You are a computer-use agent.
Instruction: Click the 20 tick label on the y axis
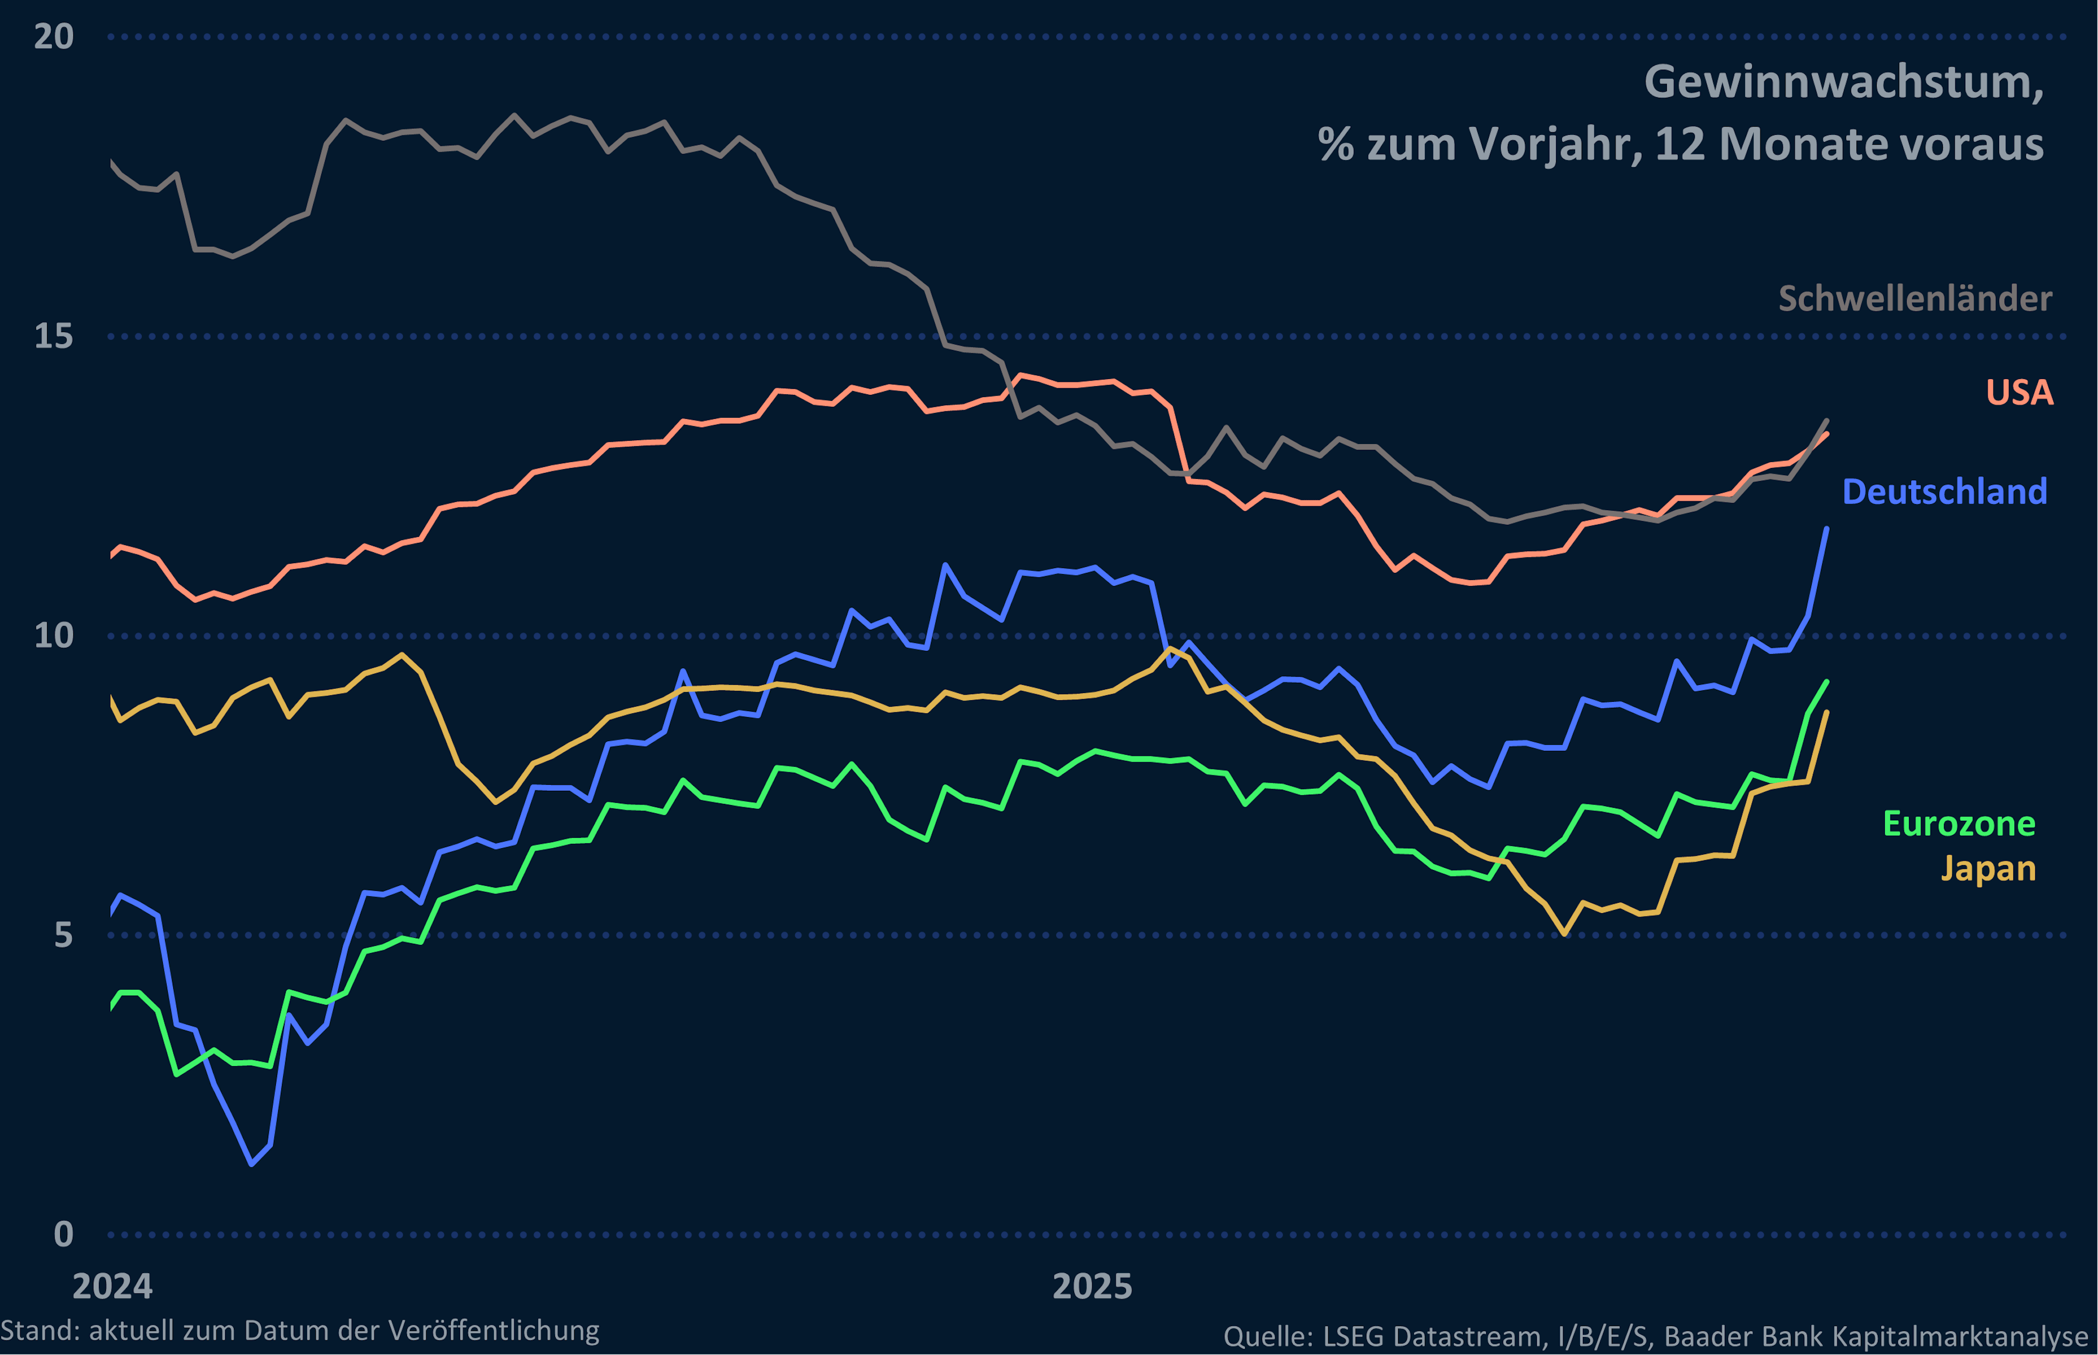(x=53, y=37)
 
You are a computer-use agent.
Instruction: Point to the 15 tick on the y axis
(x=53, y=336)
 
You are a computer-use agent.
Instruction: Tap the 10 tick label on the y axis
(x=53, y=635)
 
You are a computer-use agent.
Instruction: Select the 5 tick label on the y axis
(x=62, y=934)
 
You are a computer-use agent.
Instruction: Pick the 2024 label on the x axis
(x=112, y=1286)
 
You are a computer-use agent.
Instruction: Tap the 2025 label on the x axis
(x=1092, y=1286)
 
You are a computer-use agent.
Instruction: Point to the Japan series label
(x=1988, y=868)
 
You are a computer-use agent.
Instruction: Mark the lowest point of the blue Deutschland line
(x=252, y=1164)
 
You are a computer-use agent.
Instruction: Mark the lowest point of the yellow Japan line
(x=1564, y=933)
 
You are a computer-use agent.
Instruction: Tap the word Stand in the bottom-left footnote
(x=38, y=1330)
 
